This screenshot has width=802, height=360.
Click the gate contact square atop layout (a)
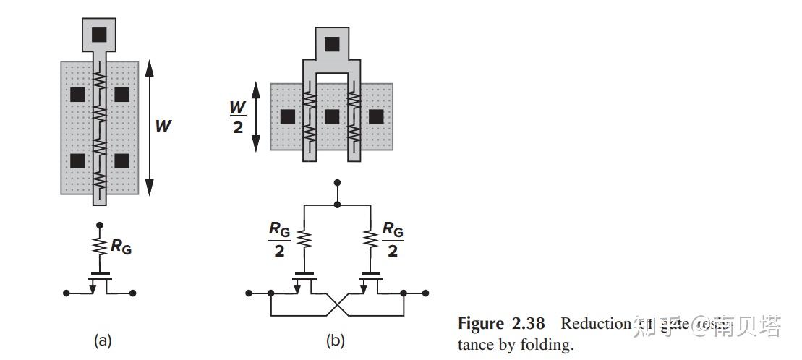[99, 33]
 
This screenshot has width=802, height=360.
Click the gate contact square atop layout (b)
[331, 44]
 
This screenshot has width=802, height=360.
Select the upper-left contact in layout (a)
[77, 94]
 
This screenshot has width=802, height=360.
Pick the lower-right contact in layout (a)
[121, 160]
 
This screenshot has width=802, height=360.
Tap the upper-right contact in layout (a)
[121, 94]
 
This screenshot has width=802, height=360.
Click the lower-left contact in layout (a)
[77, 160]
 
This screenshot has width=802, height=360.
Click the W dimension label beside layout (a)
[163, 126]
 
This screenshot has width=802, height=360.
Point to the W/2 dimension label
[237, 116]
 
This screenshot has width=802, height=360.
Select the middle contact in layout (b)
[332, 116]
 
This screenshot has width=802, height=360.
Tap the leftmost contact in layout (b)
[287, 116]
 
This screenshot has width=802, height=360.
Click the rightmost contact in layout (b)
[376, 116]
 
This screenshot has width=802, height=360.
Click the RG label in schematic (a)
[121, 246]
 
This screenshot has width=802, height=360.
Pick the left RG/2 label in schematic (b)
[279, 239]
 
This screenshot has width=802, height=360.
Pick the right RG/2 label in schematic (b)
[393, 239]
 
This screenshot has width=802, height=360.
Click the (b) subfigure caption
[336, 340]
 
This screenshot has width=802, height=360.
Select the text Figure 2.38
[500, 323]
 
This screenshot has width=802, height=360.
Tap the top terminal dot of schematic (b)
[336, 184]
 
